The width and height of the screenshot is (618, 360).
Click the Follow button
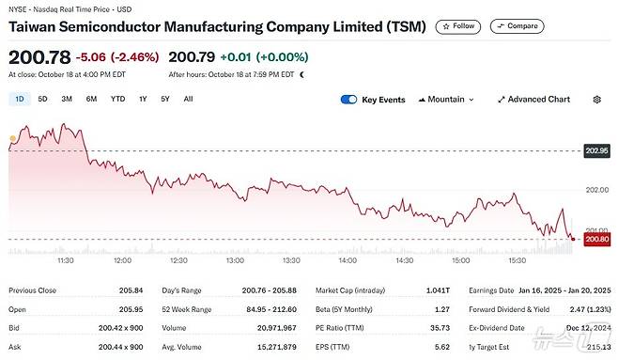click(x=458, y=26)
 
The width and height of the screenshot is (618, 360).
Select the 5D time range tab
click(x=43, y=99)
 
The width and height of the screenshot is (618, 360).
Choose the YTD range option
click(x=117, y=99)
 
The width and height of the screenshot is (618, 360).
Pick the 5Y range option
click(x=165, y=99)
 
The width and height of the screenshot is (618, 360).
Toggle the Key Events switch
click(x=349, y=99)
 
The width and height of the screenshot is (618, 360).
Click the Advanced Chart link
click(x=533, y=99)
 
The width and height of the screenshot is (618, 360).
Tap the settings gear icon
click(x=597, y=99)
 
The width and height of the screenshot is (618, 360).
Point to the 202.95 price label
click(x=597, y=150)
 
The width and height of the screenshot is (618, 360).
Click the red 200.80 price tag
click(x=597, y=240)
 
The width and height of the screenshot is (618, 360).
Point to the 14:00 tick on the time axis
click(x=347, y=259)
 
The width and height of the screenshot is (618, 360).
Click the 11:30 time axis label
click(x=66, y=259)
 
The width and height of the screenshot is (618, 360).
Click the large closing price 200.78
click(x=39, y=55)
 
